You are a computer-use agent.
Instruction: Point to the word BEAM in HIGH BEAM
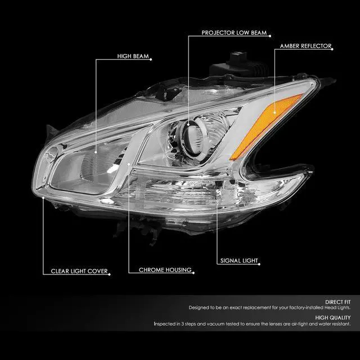[x=139, y=56]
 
